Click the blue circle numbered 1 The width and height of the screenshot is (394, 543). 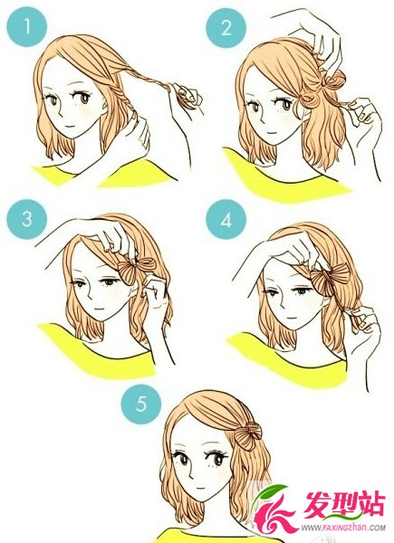26,26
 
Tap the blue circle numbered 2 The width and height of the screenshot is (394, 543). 226,27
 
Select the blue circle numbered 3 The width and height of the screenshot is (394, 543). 26,219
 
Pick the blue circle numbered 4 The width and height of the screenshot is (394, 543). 226,219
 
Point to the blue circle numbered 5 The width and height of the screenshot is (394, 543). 141,404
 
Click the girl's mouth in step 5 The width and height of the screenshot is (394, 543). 200,487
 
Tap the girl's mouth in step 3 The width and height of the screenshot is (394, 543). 100,308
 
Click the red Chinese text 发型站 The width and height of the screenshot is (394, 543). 344,505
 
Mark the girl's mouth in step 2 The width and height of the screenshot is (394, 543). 269,132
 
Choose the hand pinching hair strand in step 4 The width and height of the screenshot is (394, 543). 360,321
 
